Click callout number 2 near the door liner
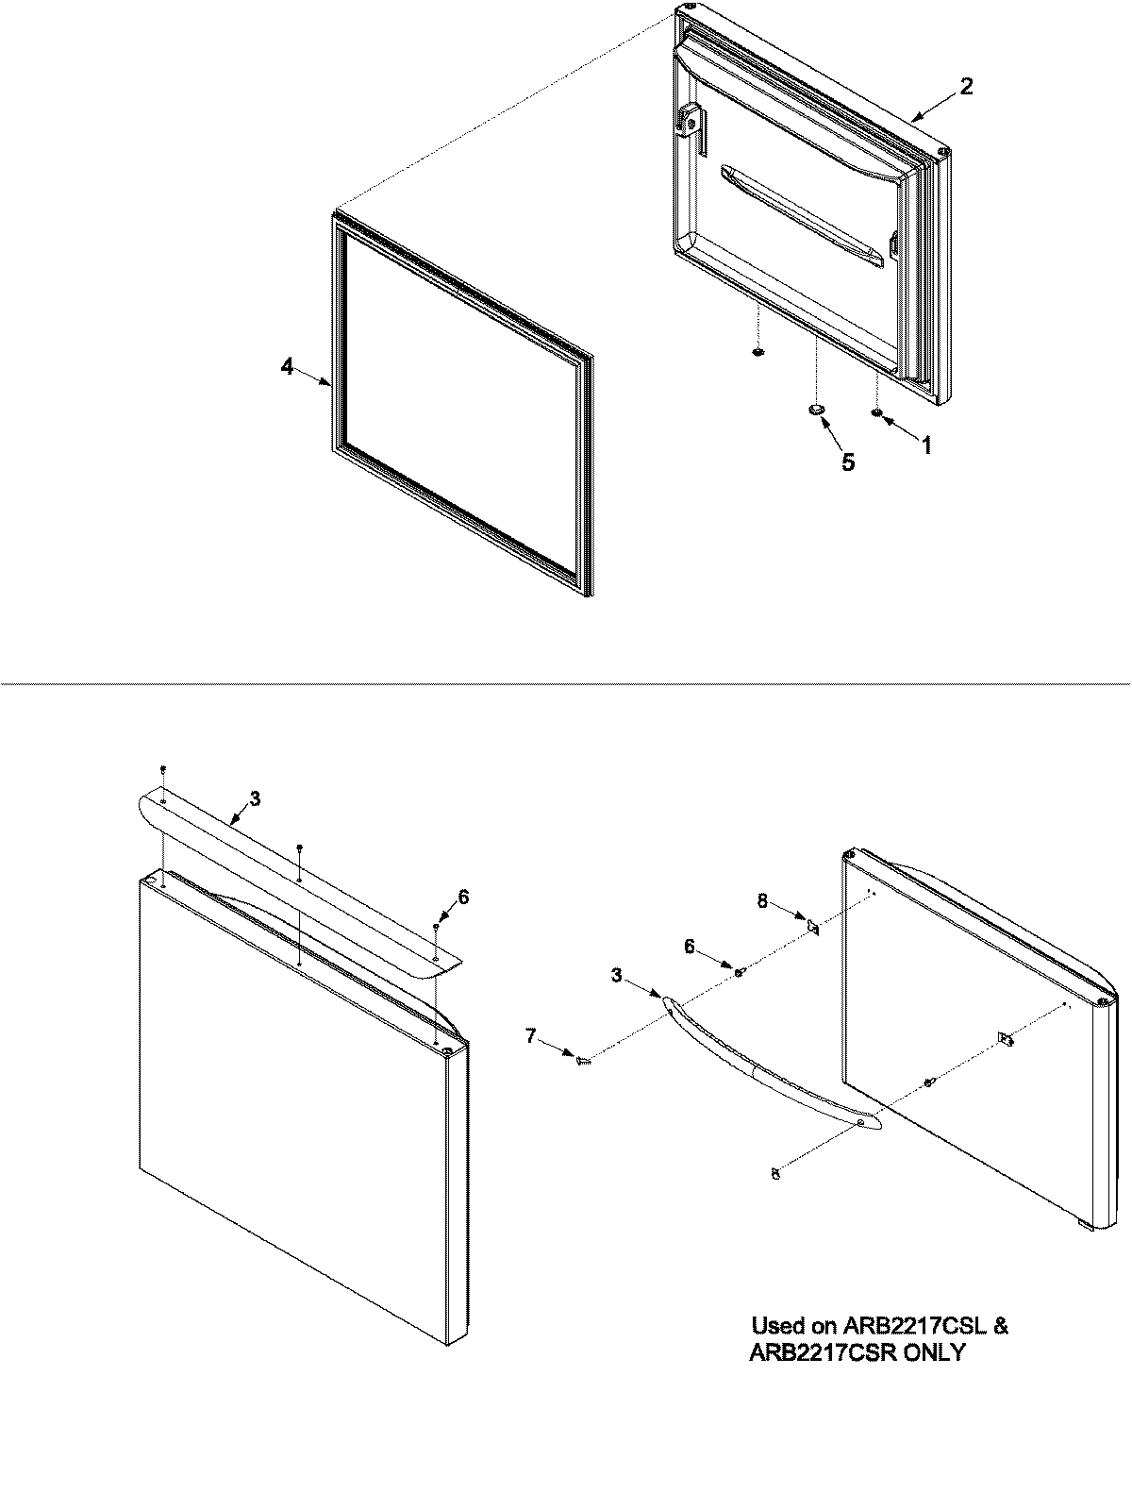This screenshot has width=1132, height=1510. pos(966,86)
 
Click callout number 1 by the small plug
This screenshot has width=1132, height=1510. pos(926,445)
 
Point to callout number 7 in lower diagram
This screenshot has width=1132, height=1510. pos(530,1036)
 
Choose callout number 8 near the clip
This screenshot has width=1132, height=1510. pos(763,901)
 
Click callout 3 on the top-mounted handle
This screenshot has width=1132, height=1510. pos(256,798)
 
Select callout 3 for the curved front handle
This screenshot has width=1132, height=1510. pos(617,975)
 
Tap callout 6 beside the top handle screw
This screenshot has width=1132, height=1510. pos(463,897)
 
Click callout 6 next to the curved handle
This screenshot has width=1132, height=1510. pos(690,947)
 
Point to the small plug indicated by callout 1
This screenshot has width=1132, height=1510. pos(876,412)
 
